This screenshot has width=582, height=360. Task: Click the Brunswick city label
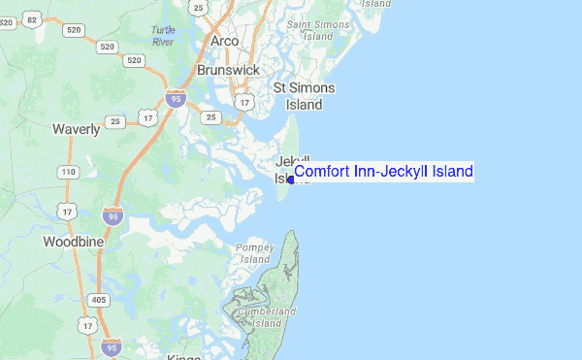click(x=228, y=71)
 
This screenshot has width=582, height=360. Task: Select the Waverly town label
click(x=76, y=129)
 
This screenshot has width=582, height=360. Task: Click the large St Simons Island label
click(x=304, y=95)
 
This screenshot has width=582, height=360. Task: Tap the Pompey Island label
click(x=254, y=253)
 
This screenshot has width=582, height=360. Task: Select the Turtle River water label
click(x=163, y=35)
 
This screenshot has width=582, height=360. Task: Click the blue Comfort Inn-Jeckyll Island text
click(x=383, y=172)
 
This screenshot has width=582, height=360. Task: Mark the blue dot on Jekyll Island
click(x=291, y=180)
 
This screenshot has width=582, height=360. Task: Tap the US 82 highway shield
click(x=32, y=19)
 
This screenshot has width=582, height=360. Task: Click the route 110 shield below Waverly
click(x=68, y=172)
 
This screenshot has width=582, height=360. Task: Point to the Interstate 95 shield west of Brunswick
click(x=175, y=98)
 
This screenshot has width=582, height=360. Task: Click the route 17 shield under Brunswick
click(x=245, y=101)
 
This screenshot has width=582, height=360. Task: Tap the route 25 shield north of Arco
click(x=199, y=8)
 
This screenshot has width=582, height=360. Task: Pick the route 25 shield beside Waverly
click(x=115, y=121)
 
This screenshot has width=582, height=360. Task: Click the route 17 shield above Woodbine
click(x=67, y=211)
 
